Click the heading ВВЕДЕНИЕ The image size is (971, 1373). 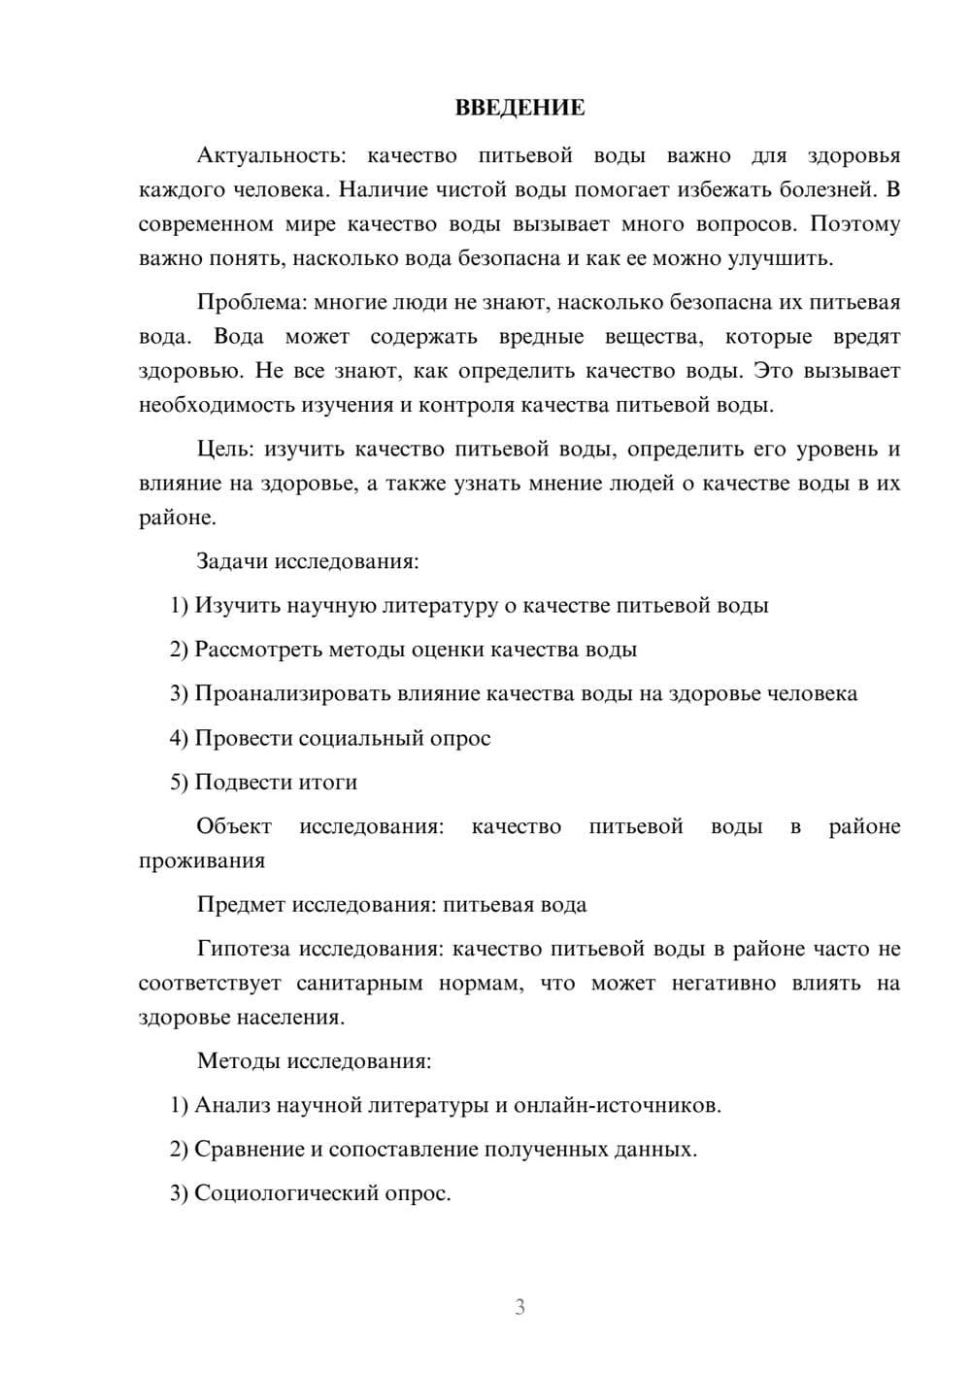[519, 108]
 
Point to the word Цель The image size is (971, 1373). [225, 449]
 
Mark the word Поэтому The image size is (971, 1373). [855, 224]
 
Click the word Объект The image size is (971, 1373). [234, 826]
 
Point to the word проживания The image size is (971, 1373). [201, 861]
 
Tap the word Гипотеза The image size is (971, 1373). [244, 949]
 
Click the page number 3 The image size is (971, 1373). [519, 1307]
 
